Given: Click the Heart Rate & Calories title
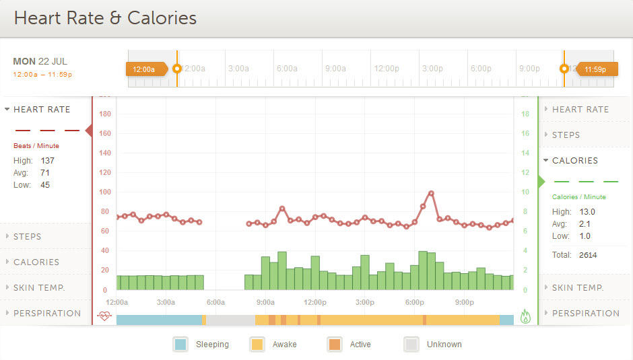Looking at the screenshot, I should coord(105,18).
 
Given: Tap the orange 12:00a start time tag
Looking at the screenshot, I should coord(145,69).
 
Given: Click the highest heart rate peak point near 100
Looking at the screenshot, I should coord(431,194).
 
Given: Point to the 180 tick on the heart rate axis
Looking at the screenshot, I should coord(104,114).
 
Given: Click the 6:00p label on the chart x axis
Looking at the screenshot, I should coord(414,302).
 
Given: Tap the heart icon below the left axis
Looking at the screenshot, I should coord(104,316).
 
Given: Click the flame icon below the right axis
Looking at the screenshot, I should coord(526,316).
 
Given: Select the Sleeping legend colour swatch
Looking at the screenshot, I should coord(180,345).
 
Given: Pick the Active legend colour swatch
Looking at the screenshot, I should coord(334,345).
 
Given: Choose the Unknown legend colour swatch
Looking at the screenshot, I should coord(411,345).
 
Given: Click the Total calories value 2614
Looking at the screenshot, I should coord(588,255).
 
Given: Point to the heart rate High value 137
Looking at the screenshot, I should coord(47,161).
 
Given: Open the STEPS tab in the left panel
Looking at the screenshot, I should coord(28,237).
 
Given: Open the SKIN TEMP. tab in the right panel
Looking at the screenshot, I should coord(578,288).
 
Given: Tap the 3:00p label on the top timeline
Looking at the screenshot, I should coord(432,69).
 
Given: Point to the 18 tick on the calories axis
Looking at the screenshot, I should coord(525,114).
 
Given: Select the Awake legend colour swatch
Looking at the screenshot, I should coord(257,345).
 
